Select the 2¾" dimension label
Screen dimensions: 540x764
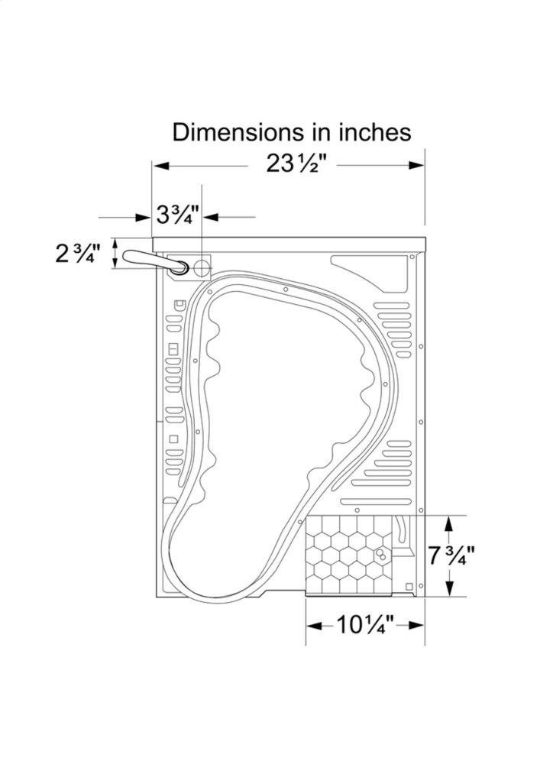coord(78,254)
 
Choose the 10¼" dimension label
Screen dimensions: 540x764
coord(365,625)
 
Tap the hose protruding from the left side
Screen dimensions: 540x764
coord(155,261)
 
